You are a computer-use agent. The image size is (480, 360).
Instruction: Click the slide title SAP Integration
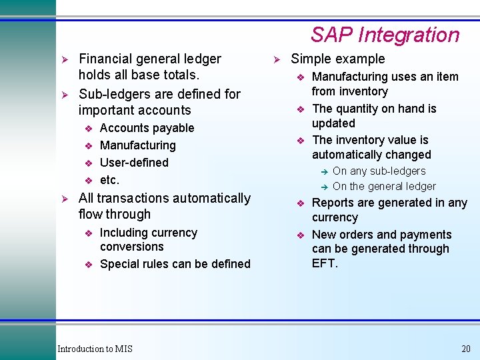tap(385, 35)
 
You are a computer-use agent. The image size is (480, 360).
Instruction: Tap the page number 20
tap(465, 349)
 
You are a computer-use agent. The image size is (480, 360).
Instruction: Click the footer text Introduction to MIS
tap(95, 349)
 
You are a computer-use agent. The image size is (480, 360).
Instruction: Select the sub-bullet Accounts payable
tap(147, 128)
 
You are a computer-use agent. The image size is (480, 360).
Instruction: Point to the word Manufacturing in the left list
tap(137, 145)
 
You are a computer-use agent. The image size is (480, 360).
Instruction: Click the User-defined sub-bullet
tap(134, 163)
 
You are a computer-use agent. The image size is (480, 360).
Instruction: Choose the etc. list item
tap(109, 180)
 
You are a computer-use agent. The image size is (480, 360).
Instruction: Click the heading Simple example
tap(338, 59)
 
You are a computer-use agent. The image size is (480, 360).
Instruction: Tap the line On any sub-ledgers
tap(379, 171)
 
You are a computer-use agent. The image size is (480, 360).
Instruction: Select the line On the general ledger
tap(384, 187)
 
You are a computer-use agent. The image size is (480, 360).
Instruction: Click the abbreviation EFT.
tap(324, 263)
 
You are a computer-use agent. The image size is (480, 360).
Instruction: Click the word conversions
tap(131, 247)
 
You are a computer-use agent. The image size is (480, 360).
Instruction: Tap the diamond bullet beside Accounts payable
tap(88, 129)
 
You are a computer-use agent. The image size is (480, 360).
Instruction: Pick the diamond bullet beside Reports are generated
tap(301, 203)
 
